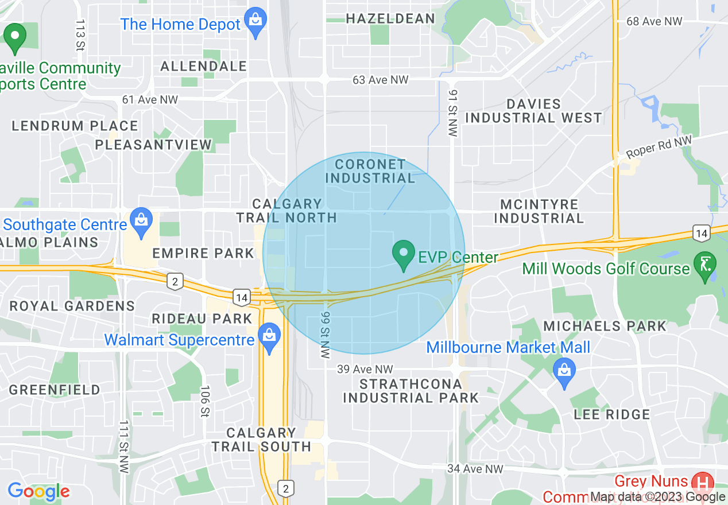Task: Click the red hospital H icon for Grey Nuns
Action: point(702,481)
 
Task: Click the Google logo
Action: point(38,491)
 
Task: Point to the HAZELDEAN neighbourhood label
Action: point(390,19)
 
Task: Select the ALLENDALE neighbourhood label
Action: point(204,67)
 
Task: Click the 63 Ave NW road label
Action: point(381,80)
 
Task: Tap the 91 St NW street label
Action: point(453,113)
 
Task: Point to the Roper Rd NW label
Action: point(659,147)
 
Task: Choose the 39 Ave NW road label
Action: point(365,369)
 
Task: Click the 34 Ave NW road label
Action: point(475,469)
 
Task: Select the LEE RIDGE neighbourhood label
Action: point(612,414)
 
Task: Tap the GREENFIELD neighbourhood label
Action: point(55,390)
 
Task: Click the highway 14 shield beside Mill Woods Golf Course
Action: point(701,233)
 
